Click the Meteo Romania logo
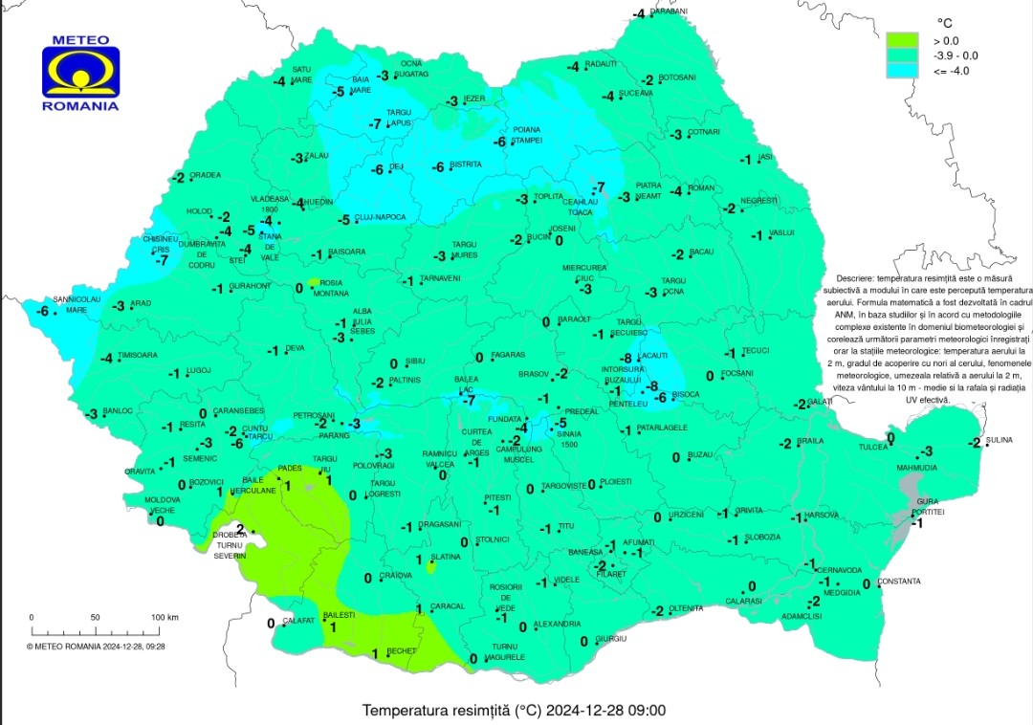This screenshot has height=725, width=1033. [x=80, y=74]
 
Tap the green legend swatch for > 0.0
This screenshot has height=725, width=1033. [x=902, y=40]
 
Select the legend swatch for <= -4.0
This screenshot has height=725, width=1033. [x=902, y=70]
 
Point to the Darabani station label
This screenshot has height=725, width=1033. [x=670, y=11]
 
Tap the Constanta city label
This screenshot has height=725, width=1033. [x=898, y=582]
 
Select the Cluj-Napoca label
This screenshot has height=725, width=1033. [x=380, y=217]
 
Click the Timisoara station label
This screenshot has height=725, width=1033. [x=138, y=355]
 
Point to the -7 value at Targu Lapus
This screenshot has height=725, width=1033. [x=375, y=124]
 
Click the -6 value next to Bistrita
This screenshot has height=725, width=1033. [x=438, y=167]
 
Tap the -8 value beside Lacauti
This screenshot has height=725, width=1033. [x=626, y=357]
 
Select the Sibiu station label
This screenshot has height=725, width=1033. [x=415, y=361]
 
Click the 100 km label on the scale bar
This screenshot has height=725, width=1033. [x=165, y=618]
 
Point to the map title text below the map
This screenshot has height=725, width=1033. [x=514, y=711]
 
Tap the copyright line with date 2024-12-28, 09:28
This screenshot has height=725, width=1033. [x=96, y=646]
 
